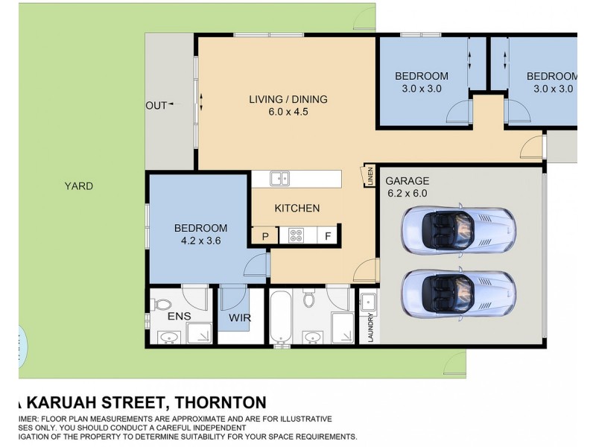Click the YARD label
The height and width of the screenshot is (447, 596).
coord(78,186)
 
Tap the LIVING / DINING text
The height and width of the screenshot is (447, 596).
coord(288,99)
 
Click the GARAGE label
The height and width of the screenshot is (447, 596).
coord(407,180)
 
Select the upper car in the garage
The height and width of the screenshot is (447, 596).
coord(457,229)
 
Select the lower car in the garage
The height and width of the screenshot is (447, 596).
coord(457,293)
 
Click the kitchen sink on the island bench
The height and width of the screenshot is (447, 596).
coord(280,178)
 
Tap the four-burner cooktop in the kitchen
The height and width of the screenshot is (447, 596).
coord(296,236)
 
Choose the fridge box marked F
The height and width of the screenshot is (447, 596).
coord(328,237)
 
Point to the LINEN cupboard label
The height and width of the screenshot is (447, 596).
coord(370,177)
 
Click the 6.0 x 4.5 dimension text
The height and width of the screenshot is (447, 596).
coord(289,112)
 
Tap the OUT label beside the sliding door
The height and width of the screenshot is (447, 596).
coord(156,105)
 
